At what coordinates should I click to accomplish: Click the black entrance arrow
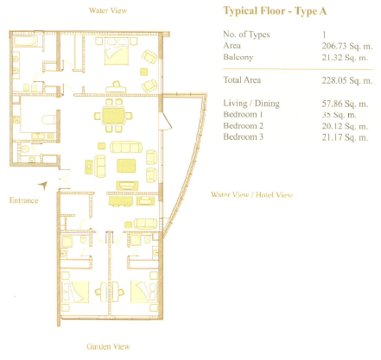pos(42,184)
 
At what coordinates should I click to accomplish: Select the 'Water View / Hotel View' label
pos(251,195)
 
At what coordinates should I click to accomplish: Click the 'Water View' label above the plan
pos(110,11)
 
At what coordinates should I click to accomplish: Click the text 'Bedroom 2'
pos(244,125)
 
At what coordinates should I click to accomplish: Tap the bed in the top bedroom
pos(116,56)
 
